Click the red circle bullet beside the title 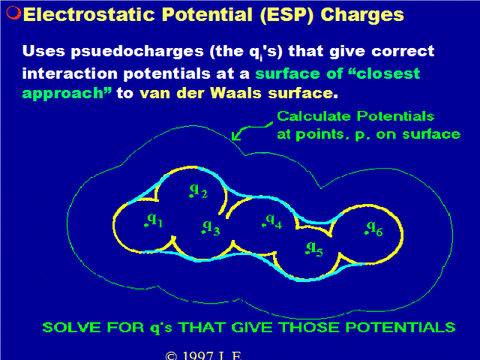pos(13,13)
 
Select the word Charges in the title pos(362,15)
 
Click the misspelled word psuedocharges pos(137,52)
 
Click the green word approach pos(67,94)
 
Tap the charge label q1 pos(154,220)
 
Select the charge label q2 pos(198,190)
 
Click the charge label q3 pos(211,228)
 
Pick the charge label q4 pos(272,221)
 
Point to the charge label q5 pos(314,249)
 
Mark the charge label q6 pos(373,229)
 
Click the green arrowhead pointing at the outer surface pos(235,136)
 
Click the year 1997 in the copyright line pos(198,355)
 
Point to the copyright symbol pos(171,356)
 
